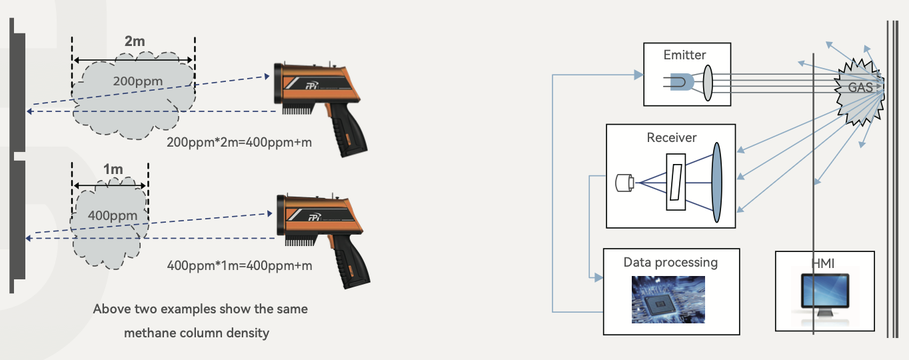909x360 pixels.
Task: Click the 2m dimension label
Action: pyautogui.click(x=135, y=41)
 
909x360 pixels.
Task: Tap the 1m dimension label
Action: pyautogui.click(x=113, y=169)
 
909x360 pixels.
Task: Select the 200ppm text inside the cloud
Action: pyautogui.click(x=137, y=81)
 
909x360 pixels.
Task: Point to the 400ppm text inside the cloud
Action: pyautogui.click(x=113, y=215)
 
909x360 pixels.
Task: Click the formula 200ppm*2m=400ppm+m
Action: pyautogui.click(x=239, y=142)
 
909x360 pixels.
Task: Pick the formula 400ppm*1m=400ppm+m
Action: pyautogui.click(x=239, y=266)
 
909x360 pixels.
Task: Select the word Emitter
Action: pyautogui.click(x=684, y=55)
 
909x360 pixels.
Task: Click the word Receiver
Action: pyautogui.click(x=671, y=138)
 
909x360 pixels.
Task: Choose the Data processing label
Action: pyautogui.click(x=670, y=262)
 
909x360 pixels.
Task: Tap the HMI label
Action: pyautogui.click(x=824, y=263)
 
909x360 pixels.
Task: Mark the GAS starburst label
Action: pyautogui.click(x=860, y=87)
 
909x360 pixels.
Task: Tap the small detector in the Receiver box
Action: pyautogui.click(x=624, y=181)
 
